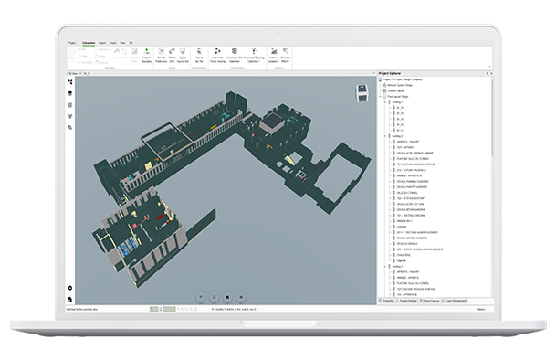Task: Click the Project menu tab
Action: click(72, 42)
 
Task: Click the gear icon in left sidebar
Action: click(70, 289)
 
